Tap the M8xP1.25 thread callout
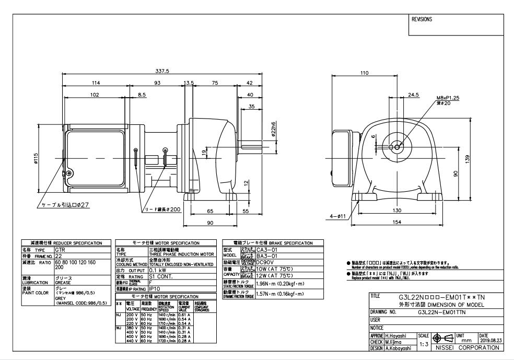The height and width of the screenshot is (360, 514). coord(445,97)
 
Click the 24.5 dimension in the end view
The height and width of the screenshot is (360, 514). coord(414,95)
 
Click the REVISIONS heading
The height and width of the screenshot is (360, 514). coord(422,19)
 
